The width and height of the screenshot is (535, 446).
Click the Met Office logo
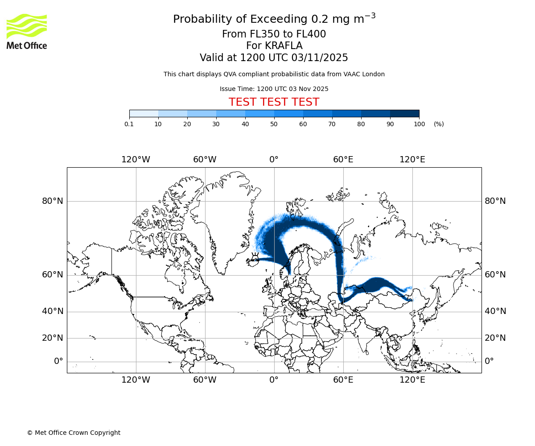pyautogui.click(x=27, y=31)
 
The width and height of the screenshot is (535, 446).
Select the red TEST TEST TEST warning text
pyautogui.click(x=274, y=102)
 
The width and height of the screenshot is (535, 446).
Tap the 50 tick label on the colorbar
pyautogui.click(x=274, y=124)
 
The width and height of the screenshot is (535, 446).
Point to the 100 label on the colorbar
pyautogui.click(x=419, y=124)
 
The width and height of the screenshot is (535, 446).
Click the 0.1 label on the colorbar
pyautogui.click(x=129, y=124)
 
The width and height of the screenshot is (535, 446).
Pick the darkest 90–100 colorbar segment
pyautogui.click(x=404, y=114)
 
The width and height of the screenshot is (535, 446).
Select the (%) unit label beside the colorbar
pyautogui.click(x=439, y=124)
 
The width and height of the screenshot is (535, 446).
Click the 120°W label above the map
pyautogui.click(x=136, y=160)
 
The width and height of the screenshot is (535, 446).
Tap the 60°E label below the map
pyautogui.click(x=343, y=380)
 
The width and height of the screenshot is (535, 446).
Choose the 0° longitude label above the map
pyautogui.click(x=274, y=160)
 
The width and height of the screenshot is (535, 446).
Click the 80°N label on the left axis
pyautogui.click(x=53, y=201)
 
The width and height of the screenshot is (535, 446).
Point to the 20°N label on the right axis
pyautogui.click(x=495, y=338)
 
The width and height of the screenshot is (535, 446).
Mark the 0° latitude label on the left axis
pyautogui.click(x=58, y=361)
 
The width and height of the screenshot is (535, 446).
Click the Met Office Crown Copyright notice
pyautogui.click(x=74, y=433)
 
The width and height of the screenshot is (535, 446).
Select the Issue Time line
pyautogui.click(x=274, y=89)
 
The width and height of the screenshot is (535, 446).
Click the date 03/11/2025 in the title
pyautogui.click(x=320, y=58)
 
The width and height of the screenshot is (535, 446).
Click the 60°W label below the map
pyautogui.click(x=205, y=380)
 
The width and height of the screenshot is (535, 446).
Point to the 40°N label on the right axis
pyautogui.click(x=495, y=311)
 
